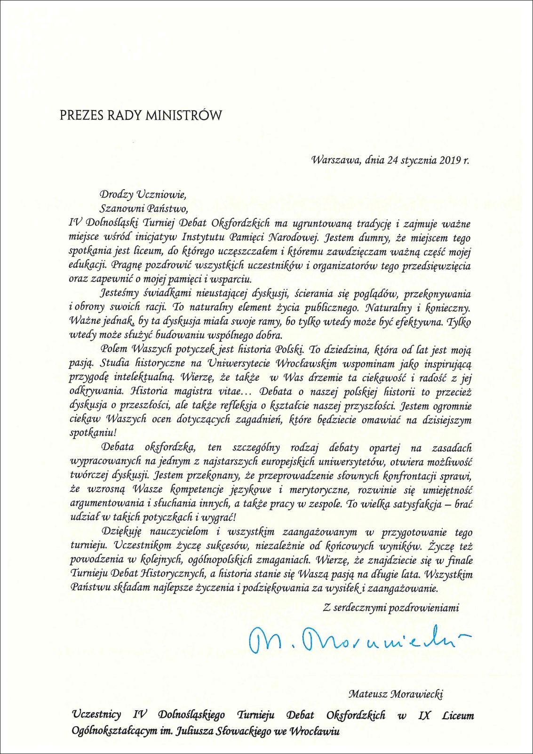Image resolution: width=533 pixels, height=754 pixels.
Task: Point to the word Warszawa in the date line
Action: [x=334, y=160]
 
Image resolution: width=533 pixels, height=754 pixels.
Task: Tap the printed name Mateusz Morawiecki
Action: [x=396, y=693]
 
